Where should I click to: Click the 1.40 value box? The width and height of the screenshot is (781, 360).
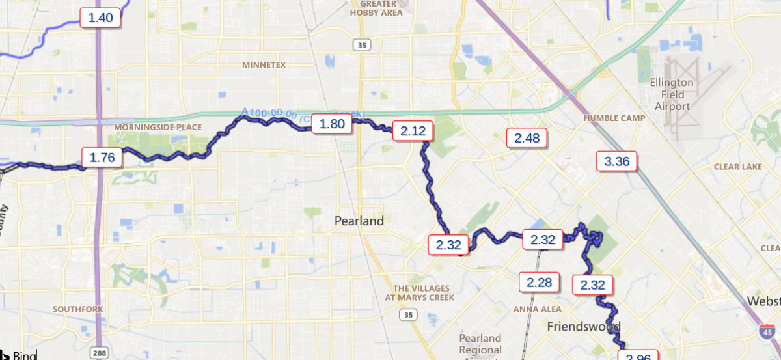101,18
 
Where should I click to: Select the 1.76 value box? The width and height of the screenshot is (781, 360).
102,158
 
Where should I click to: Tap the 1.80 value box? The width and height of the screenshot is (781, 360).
332,124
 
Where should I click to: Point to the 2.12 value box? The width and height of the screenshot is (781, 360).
413,132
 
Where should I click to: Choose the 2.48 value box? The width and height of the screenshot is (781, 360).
527,138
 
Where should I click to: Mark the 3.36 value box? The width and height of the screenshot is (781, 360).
617,161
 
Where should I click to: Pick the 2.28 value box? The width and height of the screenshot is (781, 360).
540,283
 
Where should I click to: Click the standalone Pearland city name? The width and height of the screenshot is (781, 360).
359,221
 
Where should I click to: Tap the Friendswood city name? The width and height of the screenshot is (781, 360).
584,326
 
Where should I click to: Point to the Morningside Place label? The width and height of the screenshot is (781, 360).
158,127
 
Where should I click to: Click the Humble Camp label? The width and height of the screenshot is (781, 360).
614,118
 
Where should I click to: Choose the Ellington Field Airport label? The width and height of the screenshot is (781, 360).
672,94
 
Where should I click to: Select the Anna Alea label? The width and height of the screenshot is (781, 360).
537,309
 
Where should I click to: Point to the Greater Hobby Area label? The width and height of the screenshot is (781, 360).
376,8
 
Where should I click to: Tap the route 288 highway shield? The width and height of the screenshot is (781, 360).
99,353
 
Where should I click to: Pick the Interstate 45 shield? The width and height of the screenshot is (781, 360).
762,332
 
